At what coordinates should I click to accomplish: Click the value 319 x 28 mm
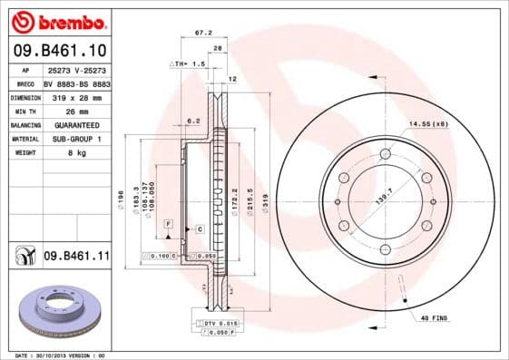70,96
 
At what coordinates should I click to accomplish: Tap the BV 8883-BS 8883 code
77,82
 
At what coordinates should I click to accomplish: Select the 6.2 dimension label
192,121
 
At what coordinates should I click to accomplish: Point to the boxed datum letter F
168,222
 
